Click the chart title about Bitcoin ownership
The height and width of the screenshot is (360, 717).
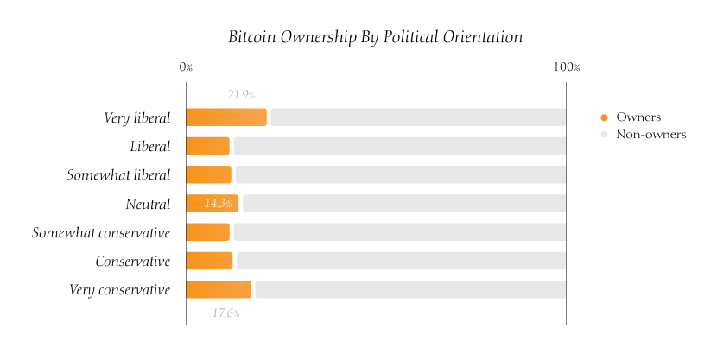(x=375, y=37)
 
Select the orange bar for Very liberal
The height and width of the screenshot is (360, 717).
(x=226, y=117)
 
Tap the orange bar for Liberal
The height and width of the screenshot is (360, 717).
(x=207, y=146)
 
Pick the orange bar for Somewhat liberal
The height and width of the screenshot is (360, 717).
(x=208, y=174)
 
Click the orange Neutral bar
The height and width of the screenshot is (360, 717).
(x=212, y=204)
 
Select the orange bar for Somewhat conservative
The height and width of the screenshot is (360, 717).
(x=207, y=232)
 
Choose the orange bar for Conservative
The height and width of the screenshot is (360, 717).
(x=209, y=261)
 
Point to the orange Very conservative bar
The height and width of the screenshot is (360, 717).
(x=219, y=289)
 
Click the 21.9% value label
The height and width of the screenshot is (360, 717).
(x=241, y=94)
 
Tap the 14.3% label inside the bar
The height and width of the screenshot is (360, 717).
(x=219, y=204)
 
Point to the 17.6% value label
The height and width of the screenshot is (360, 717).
(x=226, y=313)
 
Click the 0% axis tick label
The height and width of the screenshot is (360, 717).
(x=186, y=67)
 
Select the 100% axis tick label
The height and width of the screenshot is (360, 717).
(x=566, y=67)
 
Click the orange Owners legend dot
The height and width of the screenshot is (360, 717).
(x=604, y=117)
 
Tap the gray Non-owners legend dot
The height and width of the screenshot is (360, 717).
(x=604, y=135)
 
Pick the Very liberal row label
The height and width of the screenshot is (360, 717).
(x=136, y=117)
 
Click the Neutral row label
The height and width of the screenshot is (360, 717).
(x=148, y=204)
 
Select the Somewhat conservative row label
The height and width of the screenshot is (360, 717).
(x=101, y=232)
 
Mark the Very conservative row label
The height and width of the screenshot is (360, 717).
(x=119, y=289)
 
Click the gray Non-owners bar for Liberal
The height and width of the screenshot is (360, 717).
(x=399, y=146)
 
